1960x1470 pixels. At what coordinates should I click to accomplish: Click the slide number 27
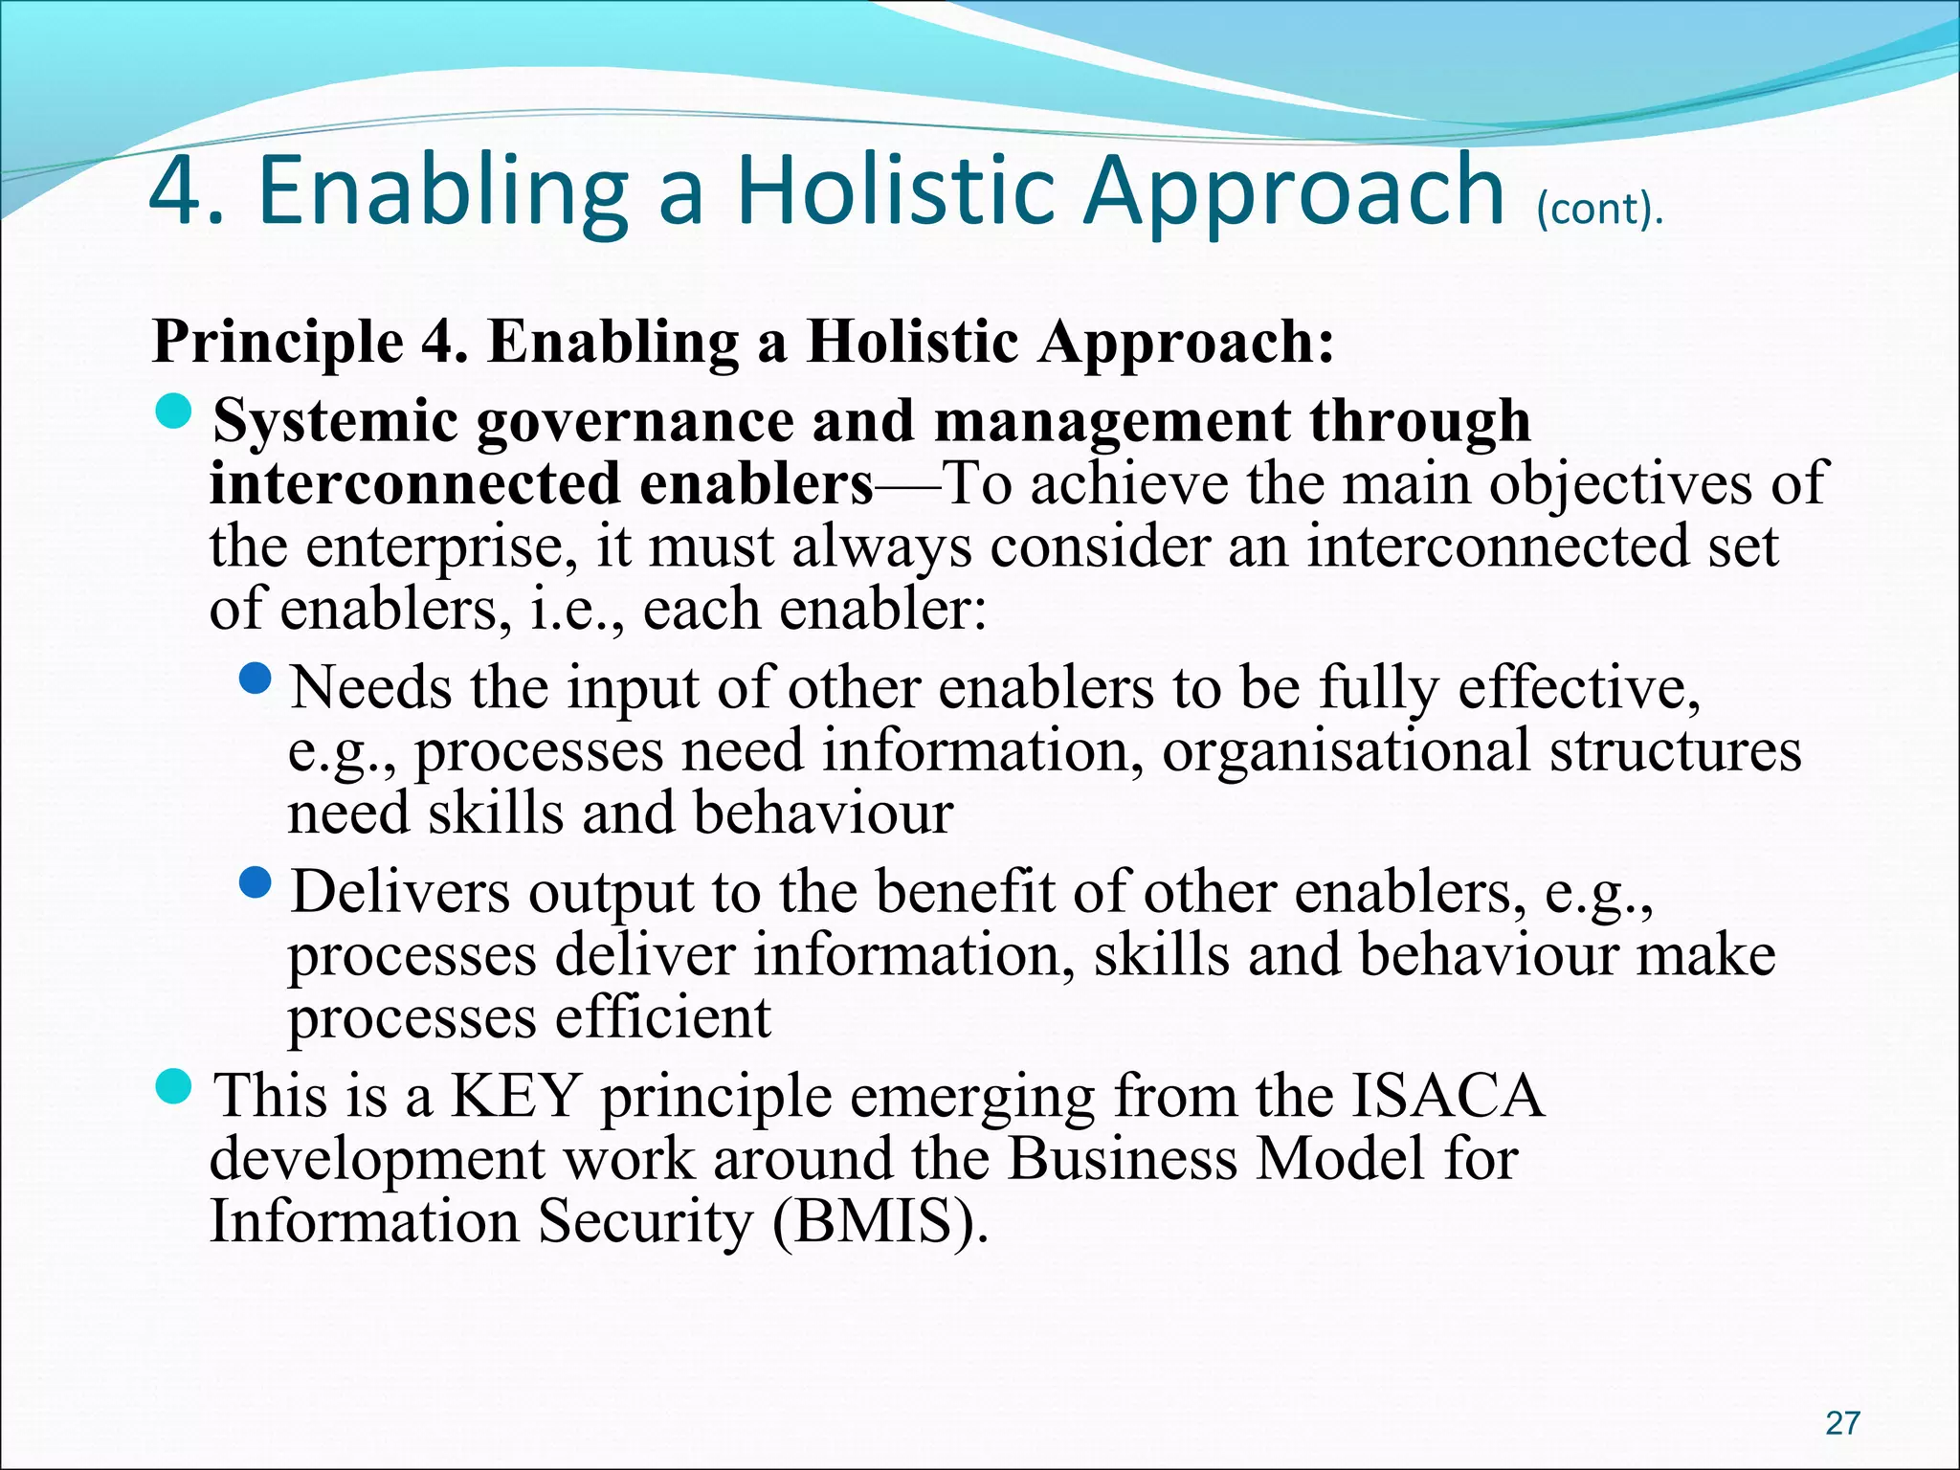[1842, 1423]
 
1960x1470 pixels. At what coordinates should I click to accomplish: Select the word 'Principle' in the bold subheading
[278, 343]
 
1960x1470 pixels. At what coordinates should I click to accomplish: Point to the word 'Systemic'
[335, 422]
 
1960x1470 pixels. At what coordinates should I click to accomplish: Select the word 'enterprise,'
[441, 547]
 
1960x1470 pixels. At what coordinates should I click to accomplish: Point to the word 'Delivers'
[400, 892]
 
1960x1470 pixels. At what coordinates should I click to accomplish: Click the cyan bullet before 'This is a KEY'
[174, 1086]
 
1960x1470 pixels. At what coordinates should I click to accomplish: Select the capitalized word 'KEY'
[515, 1097]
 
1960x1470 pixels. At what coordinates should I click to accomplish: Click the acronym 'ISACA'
[1447, 1097]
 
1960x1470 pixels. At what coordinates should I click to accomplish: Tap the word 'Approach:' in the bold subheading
[1187, 343]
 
